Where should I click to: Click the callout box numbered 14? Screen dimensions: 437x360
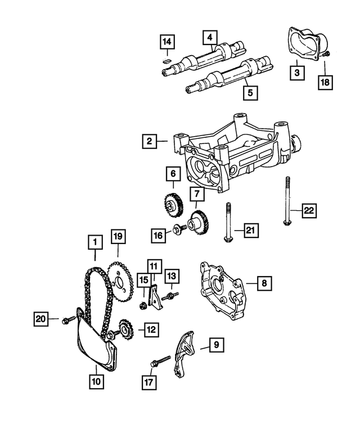point(166,41)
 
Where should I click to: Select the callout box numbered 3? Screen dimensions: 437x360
point(298,72)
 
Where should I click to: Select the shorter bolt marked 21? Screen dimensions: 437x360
point(228,226)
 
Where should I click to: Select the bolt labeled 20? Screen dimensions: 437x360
point(69,319)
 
